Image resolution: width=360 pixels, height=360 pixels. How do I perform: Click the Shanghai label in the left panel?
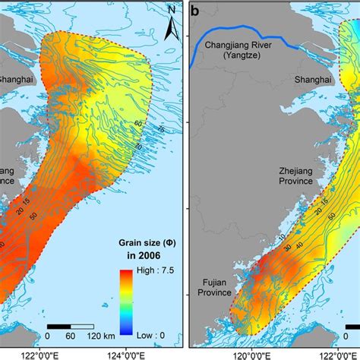tap(14, 77)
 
